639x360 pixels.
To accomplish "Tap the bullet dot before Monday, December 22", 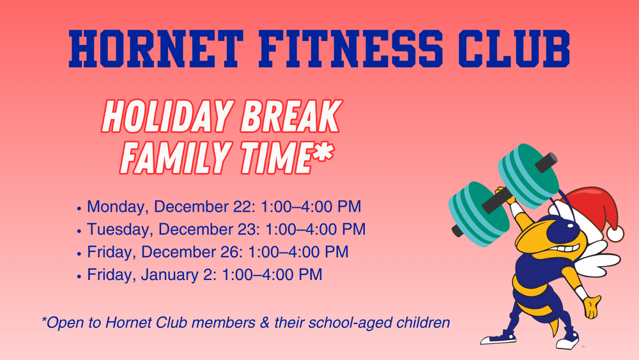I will click(x=79, y=208).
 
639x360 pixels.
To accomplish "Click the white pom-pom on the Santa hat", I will click(x=615, y=233).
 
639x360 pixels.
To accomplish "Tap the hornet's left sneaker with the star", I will click(x=498, y=336).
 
